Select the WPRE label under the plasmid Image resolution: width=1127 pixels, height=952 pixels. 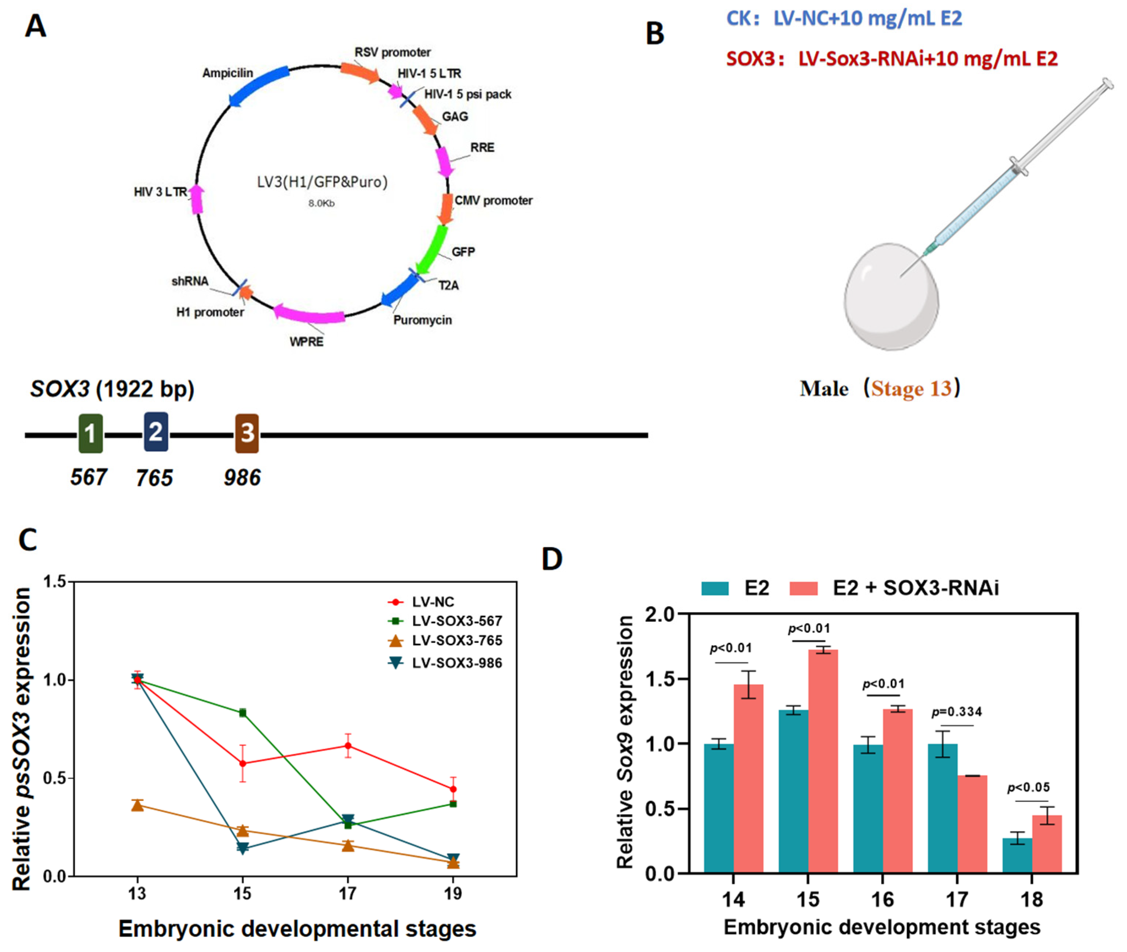coord(306,342)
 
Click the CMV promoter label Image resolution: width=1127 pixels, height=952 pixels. coord(493,201)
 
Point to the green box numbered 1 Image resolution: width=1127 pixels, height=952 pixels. coord(90,433)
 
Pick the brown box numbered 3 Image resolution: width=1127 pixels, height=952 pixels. coord(247,433)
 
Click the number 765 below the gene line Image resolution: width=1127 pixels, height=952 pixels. coord(154,478)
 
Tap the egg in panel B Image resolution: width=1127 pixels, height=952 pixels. coord(891,297)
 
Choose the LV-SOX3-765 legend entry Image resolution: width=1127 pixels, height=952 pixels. coord(456,641)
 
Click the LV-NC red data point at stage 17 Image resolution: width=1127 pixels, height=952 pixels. coord(348,746)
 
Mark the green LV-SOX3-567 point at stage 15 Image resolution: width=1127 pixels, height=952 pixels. coord(243,713)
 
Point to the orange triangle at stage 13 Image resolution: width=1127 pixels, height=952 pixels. coord(137,806)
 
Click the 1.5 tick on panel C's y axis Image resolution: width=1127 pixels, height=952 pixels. coord(55,582)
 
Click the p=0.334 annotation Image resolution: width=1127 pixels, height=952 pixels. coord(957,712)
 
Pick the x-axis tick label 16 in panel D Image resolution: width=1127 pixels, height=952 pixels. coord(882,900)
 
